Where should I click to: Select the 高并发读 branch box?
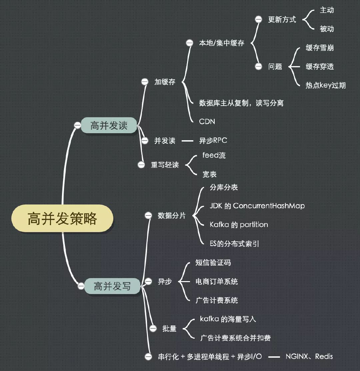click(x=109, y=125)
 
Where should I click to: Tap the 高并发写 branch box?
click(x=112, y=286)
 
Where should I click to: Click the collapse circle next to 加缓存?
click(x=145, y=82)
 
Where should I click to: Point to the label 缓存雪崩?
click(x=320, y=48)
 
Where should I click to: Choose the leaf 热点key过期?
click(x=326, y=85)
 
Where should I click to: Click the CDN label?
click(x=207, y=122)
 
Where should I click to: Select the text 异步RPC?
click(x=213, y=141)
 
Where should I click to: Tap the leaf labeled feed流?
click(x=214, y=156)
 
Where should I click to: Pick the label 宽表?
click(x=210, y=174)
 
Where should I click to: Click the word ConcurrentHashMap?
click(x=269, y=206)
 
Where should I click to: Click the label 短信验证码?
click(x=213, y=263)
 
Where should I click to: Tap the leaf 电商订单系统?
click(x=217, y=282)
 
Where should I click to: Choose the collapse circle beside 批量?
click(x=153, y=329)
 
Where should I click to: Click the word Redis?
click(x=324, y=356)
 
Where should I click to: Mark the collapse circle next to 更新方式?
click(x=258, y=20)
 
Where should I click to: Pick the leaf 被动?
click(x=327, y=29)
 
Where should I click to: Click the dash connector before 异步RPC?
click(x=188, y=141)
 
